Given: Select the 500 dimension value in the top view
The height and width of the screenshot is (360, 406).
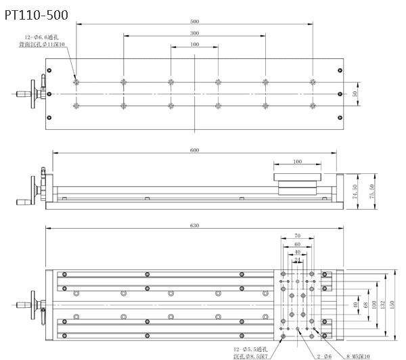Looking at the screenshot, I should tap(195, 22).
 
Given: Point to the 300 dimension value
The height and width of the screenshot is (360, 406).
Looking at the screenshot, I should tap(195, 32).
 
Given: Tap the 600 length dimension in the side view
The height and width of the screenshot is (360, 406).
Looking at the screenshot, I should tap(195, 150).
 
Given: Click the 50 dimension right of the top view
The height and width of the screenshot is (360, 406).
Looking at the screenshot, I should tap(355, 94).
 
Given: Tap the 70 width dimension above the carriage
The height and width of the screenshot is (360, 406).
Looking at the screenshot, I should tap(297, 237).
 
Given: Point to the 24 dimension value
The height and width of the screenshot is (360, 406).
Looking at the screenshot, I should tap(297, 259).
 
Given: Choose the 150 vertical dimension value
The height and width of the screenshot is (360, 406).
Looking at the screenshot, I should tap(390, 305).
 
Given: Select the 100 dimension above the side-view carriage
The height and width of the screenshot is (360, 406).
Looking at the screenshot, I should tap(297, 162).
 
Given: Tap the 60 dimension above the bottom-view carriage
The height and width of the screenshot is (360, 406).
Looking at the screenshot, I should tap(297, 244).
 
